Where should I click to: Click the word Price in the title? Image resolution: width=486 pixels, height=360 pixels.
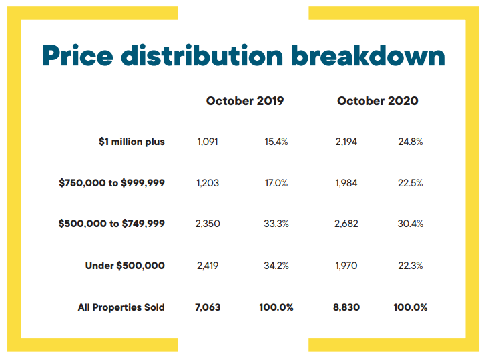coord(75,55)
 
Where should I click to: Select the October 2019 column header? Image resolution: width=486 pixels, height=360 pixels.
coord(245,101)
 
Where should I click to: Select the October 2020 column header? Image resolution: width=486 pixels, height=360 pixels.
coord(378,101)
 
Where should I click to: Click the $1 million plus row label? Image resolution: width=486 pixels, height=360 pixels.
coord(132,142)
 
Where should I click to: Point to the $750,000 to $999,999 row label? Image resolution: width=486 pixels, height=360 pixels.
coord(111,183)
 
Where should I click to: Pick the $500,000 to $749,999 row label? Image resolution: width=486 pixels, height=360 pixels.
coord(111,224)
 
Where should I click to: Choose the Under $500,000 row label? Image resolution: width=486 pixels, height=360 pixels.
coord(125,266)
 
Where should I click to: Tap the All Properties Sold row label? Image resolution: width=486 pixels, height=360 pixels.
coord(121,307)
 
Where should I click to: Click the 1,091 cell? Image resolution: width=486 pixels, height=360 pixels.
coord(208,142)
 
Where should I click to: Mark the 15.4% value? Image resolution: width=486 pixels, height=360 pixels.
coord(275,142)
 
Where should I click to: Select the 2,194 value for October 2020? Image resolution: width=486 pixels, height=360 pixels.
coord(346,142)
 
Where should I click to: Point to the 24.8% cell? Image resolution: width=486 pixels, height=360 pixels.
coord(409,142)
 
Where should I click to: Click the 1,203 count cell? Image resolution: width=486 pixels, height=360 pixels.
coord(208,183)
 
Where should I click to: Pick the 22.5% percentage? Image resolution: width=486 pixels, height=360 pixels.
coord(409,183)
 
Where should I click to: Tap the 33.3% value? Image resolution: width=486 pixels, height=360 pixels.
coord(275,224)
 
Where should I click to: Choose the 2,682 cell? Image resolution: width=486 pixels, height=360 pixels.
coord(346,224)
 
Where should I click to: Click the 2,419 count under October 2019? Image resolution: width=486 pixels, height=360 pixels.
coord(208,266)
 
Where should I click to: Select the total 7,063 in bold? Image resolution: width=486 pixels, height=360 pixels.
coord(208,307)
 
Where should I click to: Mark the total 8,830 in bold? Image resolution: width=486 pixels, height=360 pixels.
coord(346,307)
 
